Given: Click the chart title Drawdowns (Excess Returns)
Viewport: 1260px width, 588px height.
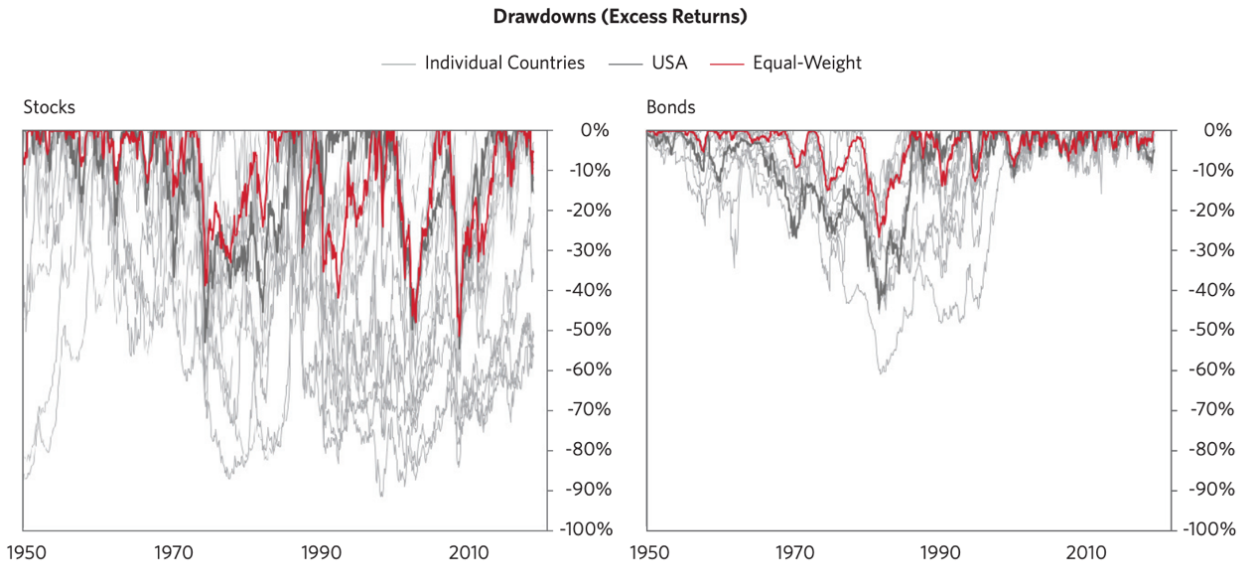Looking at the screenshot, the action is (x=620, y=16).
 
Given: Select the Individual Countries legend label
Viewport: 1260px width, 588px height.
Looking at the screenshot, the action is (x=504, y=63).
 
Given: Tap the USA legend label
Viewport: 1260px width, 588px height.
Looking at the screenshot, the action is (x=669, y=63).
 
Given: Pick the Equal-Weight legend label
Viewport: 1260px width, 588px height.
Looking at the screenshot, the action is (x=807, y=63).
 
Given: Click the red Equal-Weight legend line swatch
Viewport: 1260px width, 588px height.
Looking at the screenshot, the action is (x=727, y=65).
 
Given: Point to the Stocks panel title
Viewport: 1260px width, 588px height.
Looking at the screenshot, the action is (x=49, y=107).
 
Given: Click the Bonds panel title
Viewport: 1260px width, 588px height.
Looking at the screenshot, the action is (x=670, y=107).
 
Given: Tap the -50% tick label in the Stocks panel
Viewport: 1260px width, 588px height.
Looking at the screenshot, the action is (x=589, y=329).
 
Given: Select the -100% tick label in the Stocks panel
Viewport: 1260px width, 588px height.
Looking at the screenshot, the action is (x=586, y=529).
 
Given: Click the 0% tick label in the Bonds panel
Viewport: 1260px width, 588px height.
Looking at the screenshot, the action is (x=1218, y=130).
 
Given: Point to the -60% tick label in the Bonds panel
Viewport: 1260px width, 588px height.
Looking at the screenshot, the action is (x=1211, y=369).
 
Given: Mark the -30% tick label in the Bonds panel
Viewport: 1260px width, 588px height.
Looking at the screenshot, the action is (x=1211, y=249).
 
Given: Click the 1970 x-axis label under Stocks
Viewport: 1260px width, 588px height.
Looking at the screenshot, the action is (x=174, y=553).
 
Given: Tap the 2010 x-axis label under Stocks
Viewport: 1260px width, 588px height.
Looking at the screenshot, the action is (x=469, y=553).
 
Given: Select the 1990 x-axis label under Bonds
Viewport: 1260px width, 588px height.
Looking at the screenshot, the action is (x=940, y=553).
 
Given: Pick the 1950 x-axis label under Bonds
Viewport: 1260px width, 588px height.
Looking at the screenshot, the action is (x=649, y=553).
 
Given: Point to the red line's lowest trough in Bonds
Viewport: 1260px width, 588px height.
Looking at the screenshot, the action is (x=880, y=235).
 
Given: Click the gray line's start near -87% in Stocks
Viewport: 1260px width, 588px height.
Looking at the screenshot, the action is (x=25, y=479).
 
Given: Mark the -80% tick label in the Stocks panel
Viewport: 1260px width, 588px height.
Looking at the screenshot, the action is (x=589, y=449).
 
